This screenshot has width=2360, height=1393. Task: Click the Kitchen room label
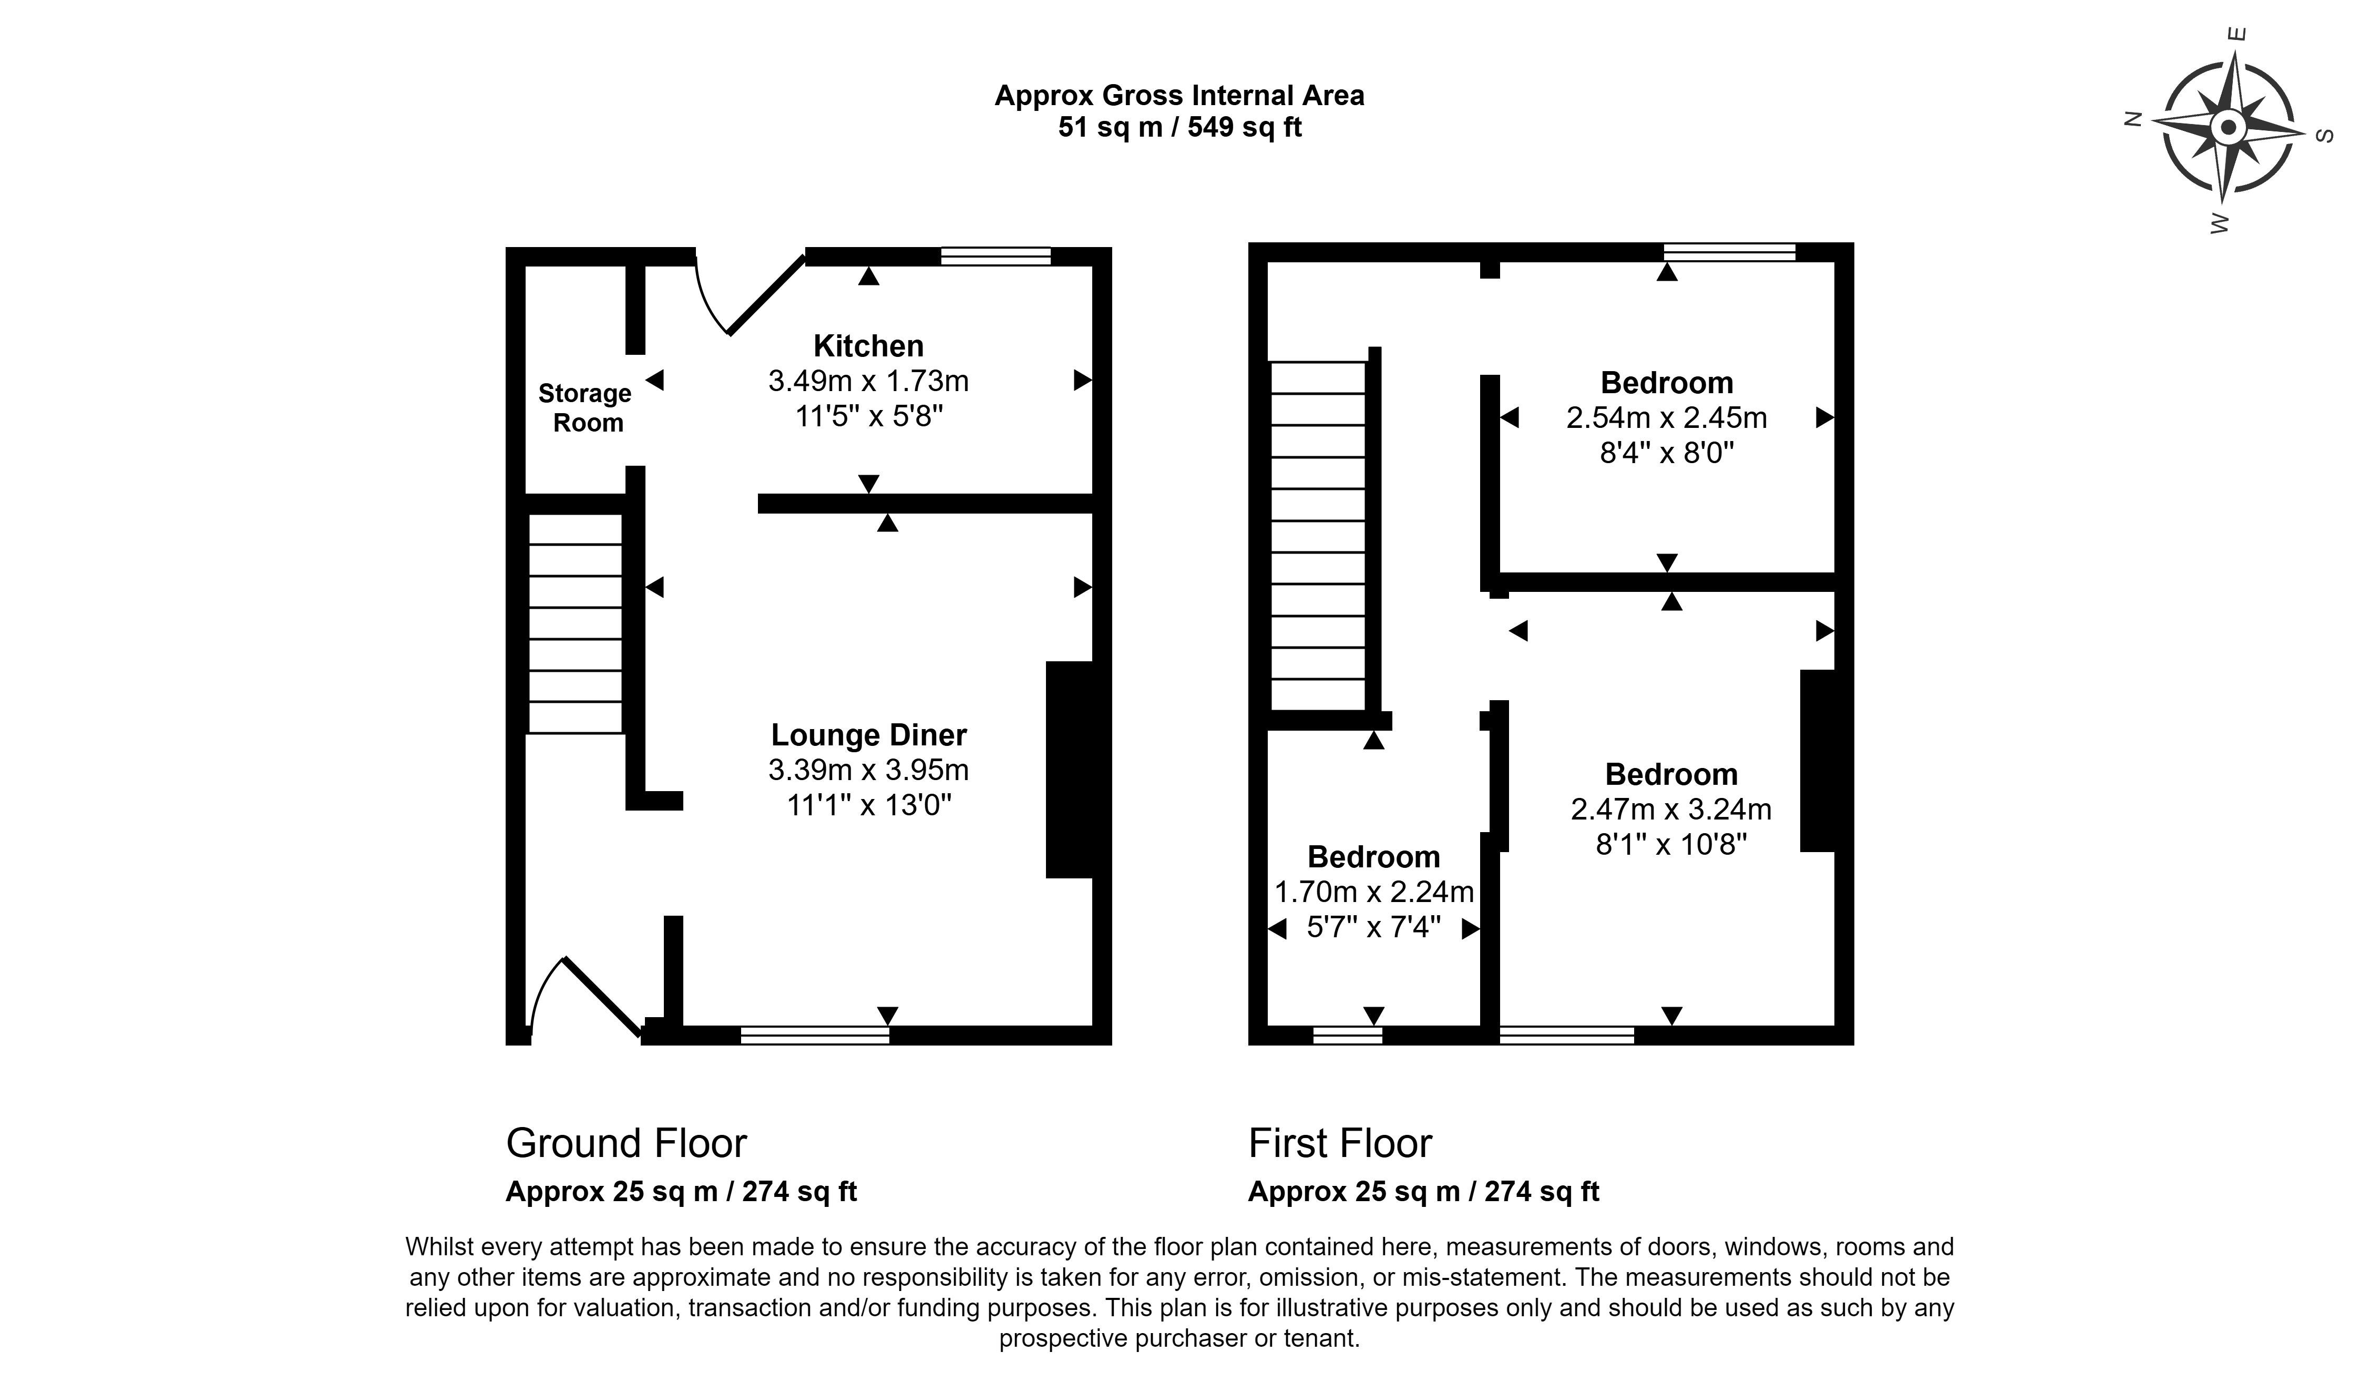[x=868, y=346]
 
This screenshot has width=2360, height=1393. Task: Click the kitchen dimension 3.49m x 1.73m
[x=868, y=381]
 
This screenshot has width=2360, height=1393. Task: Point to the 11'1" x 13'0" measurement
[x=868, y=805]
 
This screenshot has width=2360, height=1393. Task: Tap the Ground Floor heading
[x=626, y=1143]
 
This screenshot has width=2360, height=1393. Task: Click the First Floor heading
[x=1339, y=1143]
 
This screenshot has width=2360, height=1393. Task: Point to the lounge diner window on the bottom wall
[x=815, y=1036]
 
